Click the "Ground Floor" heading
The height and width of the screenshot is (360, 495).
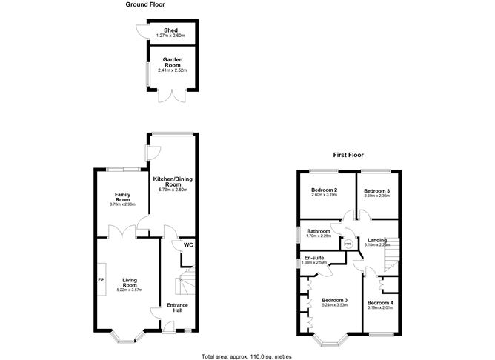pyautogui.click(x=146, y=4)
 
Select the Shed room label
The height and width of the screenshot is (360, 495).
pyautogui.click(x=170, y=31)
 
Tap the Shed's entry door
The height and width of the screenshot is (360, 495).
pyautogui.click(x=141, y=31)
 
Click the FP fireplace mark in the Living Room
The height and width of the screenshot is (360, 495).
pyautogui.click(x=102, y=280)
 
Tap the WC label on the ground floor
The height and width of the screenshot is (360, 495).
pyautogui.click(x=188, y=245)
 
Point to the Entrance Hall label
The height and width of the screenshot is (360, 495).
pyautogui.click(x=176, y=307)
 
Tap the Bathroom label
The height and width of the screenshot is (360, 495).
pyautogui.click(x=320, y=231)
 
